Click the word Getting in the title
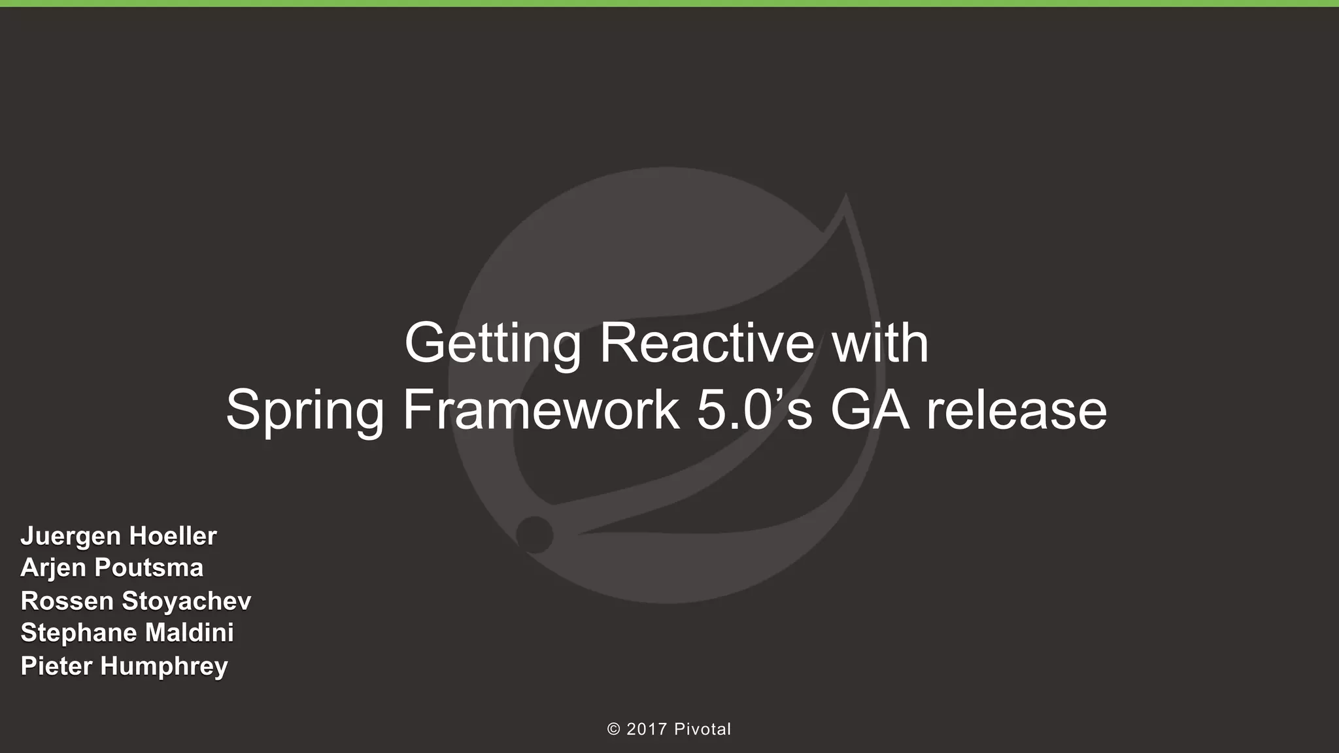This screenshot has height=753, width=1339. [492, 344]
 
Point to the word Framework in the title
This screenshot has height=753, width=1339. [541, 410]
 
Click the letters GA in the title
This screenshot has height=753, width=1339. [870, 410]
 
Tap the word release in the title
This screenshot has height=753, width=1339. [1017, 410]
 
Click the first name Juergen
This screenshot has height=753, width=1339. [71, 537]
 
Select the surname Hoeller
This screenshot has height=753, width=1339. [173, 536]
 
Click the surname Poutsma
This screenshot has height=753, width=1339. [148, 567]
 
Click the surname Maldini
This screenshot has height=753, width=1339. [189, 632]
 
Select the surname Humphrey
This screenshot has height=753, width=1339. [164, 666]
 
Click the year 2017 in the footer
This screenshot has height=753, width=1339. [647, 729]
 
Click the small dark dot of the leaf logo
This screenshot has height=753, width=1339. [534, 535]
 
